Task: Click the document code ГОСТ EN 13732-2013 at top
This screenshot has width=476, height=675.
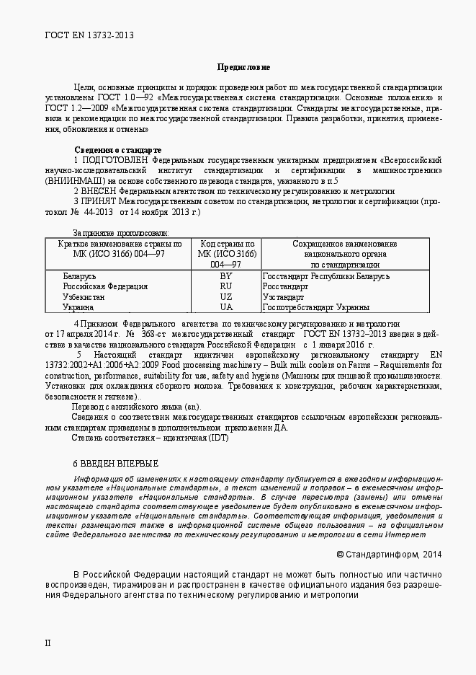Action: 89,34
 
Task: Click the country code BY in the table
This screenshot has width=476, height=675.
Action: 226,276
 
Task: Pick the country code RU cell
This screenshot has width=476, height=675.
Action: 226,286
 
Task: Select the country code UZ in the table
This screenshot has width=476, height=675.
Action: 226,297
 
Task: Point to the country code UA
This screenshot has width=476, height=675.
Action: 226,307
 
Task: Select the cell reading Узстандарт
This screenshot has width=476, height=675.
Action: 283,297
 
